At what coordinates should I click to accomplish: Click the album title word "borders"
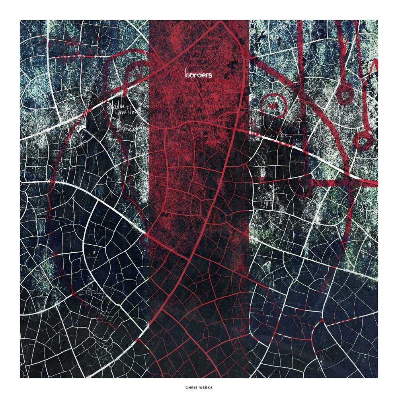point(199,74)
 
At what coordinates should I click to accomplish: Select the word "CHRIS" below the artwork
point(192,386)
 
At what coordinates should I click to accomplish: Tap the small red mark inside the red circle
point(273,105)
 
